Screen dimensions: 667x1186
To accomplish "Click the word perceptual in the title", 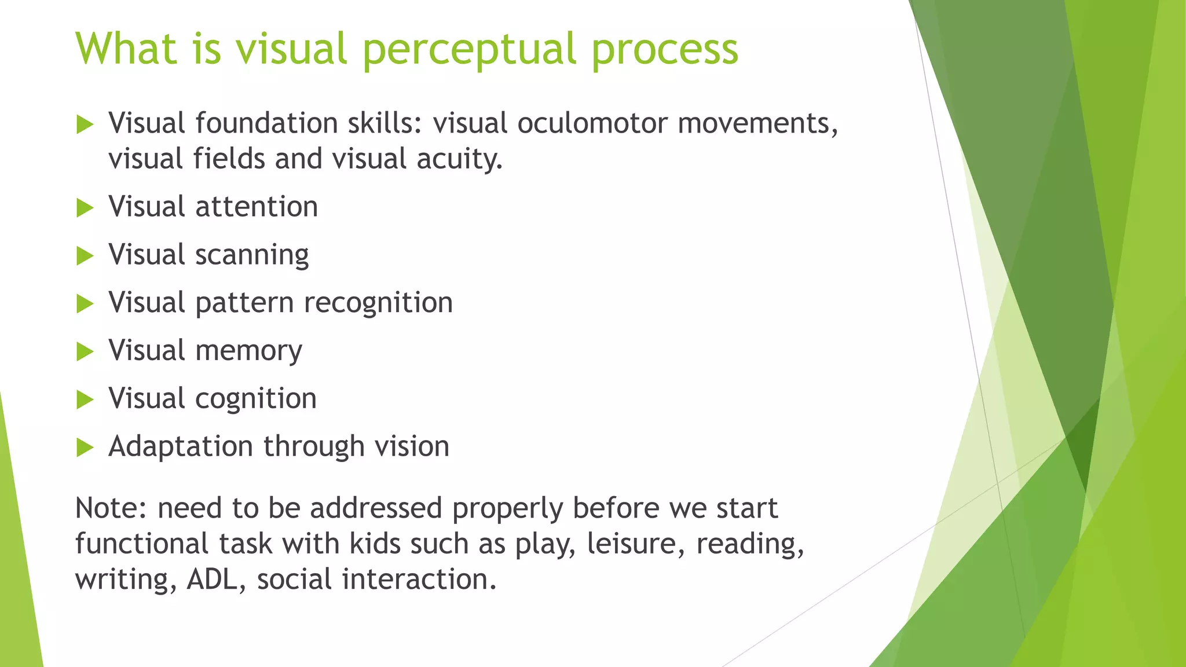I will (x=469, y=50).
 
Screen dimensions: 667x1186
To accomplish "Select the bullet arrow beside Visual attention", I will (x=85, y=208).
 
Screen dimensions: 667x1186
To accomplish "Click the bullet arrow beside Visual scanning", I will (x=85, y=256).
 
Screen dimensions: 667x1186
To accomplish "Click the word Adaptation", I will (x=181, y=447).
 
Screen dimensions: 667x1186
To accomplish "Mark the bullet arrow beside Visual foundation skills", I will (x=85, y=124).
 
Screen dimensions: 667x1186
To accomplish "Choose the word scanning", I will (x=252, y=255).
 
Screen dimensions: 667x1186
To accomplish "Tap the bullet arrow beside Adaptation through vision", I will (x=85, y=448).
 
